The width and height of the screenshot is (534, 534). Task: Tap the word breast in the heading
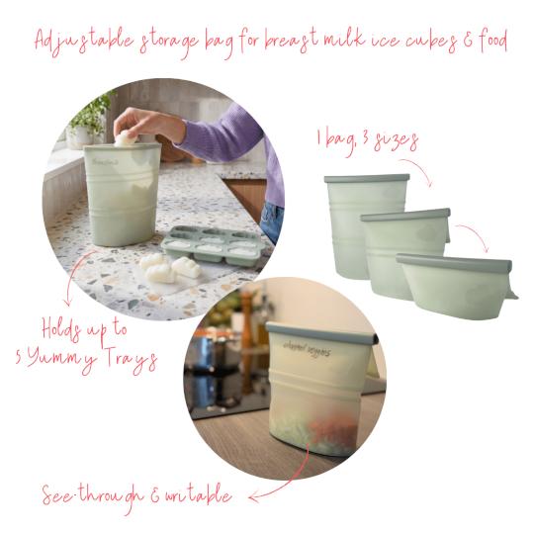[x=303, y=42]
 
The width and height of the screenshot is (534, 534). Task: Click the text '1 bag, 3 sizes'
[x=367, y=140]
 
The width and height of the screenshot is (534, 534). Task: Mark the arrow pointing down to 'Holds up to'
[x=69, y=292]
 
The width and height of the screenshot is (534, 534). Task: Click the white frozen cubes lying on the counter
[x=167, y=266]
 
